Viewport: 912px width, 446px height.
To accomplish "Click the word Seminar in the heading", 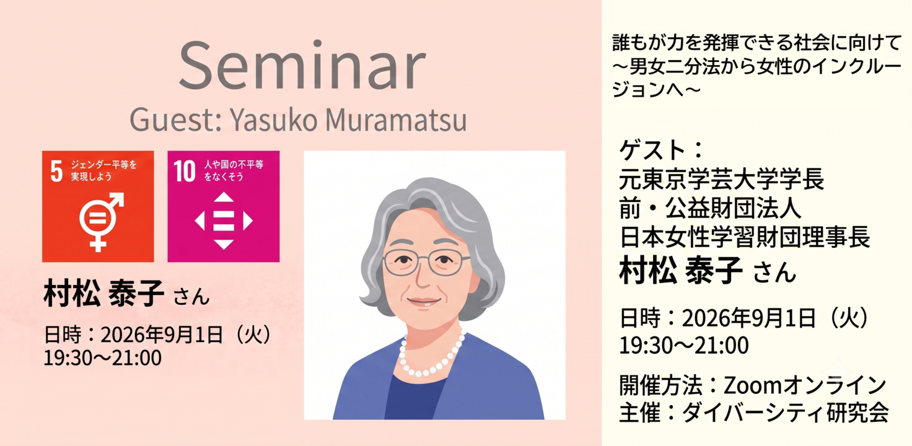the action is pyautogui.click(x=302, y=65).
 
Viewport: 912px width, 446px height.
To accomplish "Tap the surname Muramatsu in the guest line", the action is pyautogui.click(x=396, y=120).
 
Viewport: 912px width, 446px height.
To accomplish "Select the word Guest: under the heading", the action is pyautogui.click(x=176, y=120).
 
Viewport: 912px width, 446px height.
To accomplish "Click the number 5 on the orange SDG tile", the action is pyautogui.click(x=56, y=171).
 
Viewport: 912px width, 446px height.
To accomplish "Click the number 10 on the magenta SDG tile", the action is pyautogui.click(x=185, y=171).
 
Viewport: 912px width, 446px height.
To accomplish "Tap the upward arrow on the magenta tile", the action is pyautogui.click(x=224, y=197).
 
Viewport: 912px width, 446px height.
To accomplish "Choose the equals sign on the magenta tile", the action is pyautogui.click(x=224, y=221).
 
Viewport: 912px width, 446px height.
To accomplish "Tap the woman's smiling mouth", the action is pyautogui.click(x=423, y=302).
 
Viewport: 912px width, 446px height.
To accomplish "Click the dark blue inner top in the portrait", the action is pyautogui.click(x=413, y=397).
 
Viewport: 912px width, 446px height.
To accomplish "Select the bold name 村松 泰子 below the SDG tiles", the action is pyautogui.click(x=104, y=293).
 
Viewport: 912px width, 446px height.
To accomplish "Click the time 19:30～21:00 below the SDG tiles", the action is pyautogui.click(x=103, y=358).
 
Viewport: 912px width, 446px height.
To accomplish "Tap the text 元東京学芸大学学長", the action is pyautogui.click(x=721, y=179).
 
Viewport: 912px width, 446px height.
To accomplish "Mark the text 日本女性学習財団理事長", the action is pyautogui.click(x=745, y=237).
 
